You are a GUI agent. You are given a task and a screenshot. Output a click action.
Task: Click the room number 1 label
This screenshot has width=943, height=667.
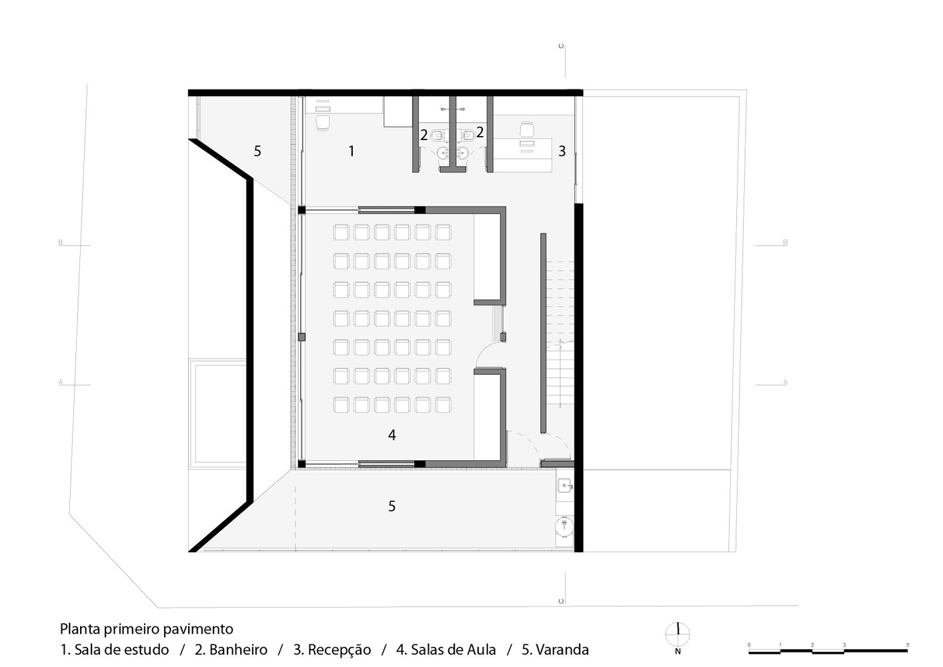tap(351, 151)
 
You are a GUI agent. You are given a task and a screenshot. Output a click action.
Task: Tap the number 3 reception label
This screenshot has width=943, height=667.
tap(562, 151)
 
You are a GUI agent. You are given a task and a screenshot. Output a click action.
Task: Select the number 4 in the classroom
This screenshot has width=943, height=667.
tap(392, 435)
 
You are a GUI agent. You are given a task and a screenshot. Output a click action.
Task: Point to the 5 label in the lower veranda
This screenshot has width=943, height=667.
tap(392, 506)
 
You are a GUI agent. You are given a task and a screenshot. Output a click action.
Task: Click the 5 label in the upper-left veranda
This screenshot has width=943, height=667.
tap(257, 151)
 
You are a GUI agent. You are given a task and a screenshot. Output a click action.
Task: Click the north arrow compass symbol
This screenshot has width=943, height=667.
tap(678, 634)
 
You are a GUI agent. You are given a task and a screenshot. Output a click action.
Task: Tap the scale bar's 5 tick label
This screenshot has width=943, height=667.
tap(908, 645)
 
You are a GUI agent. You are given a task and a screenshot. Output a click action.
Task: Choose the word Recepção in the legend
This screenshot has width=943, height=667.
tap(339, 649)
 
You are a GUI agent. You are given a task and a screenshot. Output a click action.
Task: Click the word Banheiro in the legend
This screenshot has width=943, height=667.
tap(238, 649)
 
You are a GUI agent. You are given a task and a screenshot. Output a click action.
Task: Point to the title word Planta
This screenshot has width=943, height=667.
tap(81, 629)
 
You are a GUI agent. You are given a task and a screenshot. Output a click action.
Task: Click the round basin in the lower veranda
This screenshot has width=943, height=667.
tap(564, 526)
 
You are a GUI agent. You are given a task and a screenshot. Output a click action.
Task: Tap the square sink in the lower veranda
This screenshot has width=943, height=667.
tap(564, 486)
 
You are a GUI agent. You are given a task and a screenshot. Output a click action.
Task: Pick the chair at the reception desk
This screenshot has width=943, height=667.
tap(527, 129)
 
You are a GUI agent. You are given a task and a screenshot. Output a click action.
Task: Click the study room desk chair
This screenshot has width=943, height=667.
tap(323, 123)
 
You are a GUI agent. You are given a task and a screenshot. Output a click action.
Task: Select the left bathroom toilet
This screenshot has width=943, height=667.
tap(437, 135)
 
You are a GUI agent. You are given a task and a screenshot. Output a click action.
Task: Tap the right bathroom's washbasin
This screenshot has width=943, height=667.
tap(463, 153)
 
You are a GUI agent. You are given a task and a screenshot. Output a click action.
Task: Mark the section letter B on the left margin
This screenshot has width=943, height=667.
tap(61, 243)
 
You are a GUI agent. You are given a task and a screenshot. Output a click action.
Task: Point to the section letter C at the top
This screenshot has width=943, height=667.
tap(561, 46)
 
